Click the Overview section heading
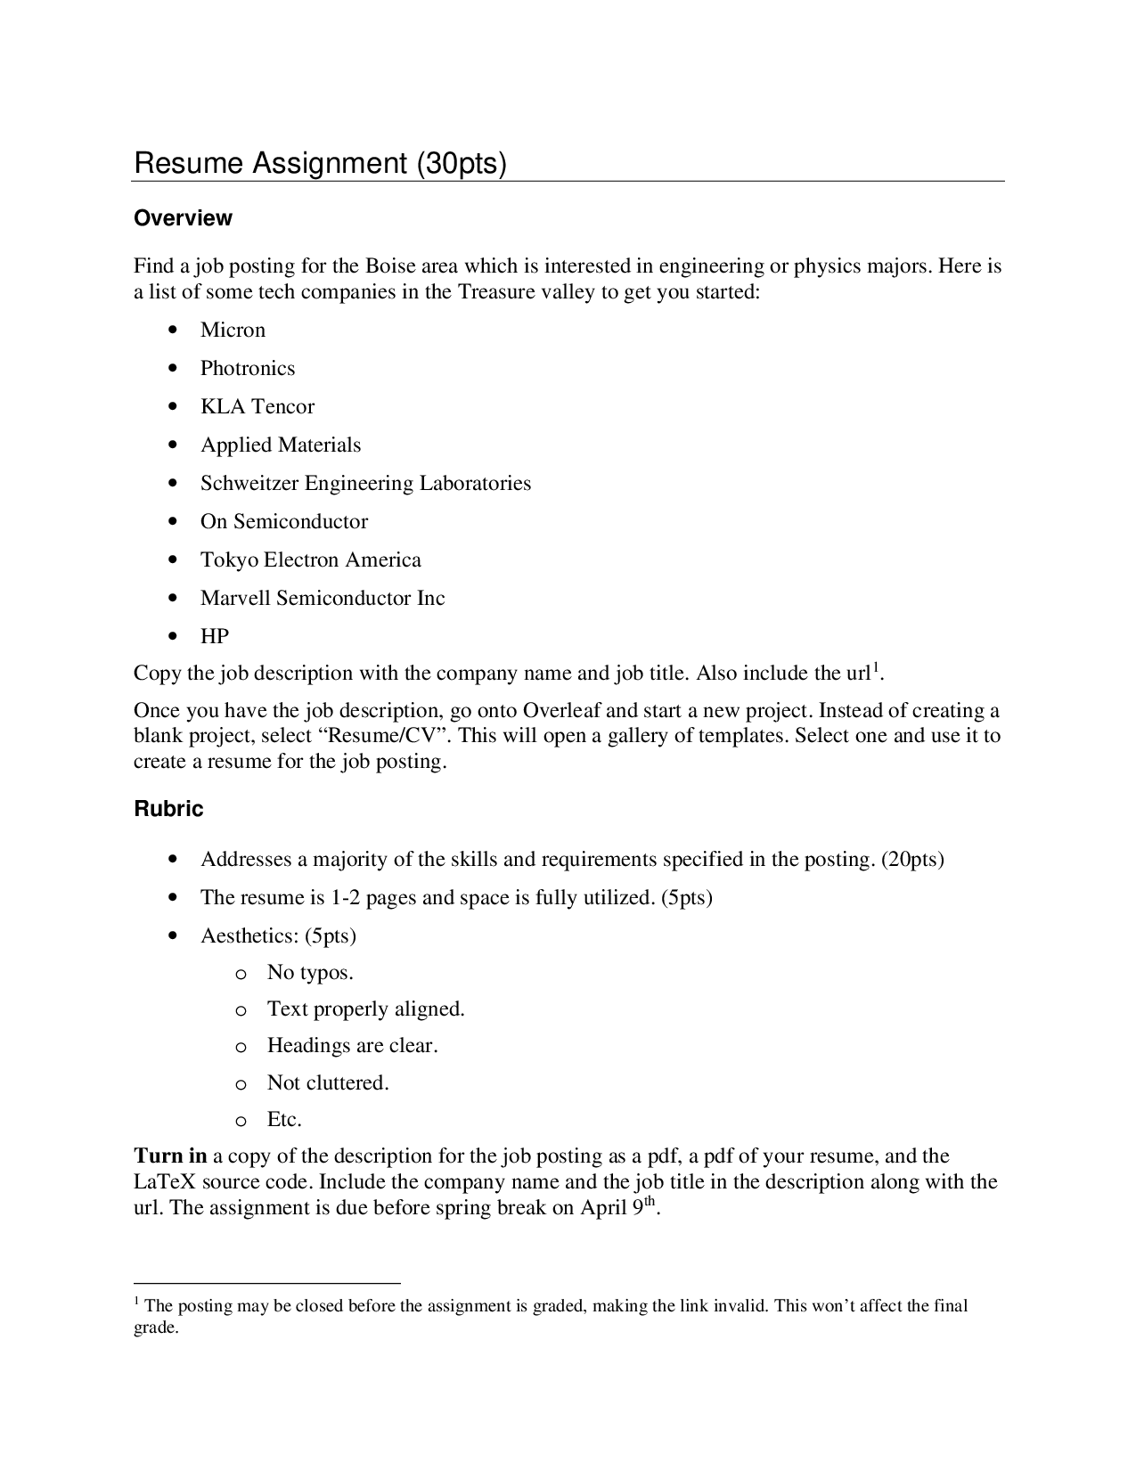[183, 218]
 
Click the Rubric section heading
[168, 809]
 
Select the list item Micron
[233, 331]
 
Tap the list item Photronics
[247, 369]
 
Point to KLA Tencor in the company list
[257, 407]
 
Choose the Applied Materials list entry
[281, 445]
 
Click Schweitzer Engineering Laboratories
[365, 484]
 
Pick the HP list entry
[214, 637]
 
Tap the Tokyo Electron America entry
[310, 560]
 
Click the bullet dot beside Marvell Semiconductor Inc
[173, 599]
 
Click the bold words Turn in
[170, 1156]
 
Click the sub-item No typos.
[310, 973]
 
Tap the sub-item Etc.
[284, 1120]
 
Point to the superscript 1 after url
[876, 666]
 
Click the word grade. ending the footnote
[156, 1328]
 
